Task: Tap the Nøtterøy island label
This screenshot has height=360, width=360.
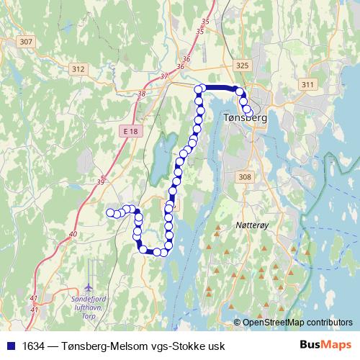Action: coord(252,225)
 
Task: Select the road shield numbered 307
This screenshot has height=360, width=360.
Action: coord(27,42)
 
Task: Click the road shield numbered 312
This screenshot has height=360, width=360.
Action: coord(78,69)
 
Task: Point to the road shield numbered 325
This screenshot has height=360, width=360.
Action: coord(242,66)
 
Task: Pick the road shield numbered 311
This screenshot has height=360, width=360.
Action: coord(308,84)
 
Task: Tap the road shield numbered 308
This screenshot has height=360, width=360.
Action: coord(245,176)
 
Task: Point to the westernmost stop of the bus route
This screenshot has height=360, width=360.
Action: coord(111,212)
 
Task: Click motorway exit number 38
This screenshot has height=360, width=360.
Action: coord(141,94)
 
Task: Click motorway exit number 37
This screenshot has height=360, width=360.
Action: coord(164,76)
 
